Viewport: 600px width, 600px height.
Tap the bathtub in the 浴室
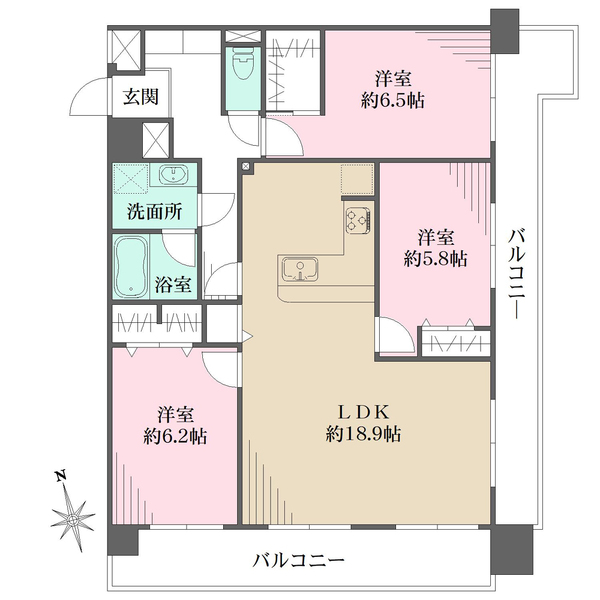tap(131, 266)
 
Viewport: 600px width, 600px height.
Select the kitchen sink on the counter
tap(300, 269)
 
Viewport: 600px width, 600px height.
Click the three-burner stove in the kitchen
tap(358, 220)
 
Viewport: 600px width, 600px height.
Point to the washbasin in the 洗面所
tap(173, 175)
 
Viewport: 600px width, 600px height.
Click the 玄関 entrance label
tap(140, 97)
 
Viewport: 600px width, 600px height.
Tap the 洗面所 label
tap(155, 212)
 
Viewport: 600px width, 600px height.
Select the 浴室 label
tap(173, 284)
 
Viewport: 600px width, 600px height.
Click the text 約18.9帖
tap(363, 434)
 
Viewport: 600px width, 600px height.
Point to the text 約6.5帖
tap(393, 101)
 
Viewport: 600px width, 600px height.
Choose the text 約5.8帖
tap(435, 260)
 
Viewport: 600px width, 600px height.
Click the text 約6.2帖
tap(175, 436)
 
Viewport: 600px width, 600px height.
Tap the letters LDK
tap(363, 412)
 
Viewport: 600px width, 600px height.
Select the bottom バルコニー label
tap(298, 561)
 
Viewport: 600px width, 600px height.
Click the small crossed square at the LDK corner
tap(246, 166)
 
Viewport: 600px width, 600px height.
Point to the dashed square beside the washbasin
tap(131, 179)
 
